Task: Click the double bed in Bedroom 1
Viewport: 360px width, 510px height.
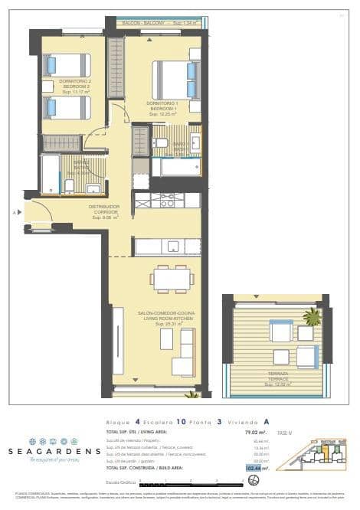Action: click(x=176, y=80)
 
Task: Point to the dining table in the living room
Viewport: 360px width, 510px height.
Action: click(x=172, y=278)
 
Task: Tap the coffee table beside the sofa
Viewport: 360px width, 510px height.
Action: click(x=166, y=338)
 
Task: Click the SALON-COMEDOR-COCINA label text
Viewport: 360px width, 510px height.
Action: click(x=159, y=314)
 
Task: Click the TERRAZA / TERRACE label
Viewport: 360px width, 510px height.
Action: click(x=278, y=376)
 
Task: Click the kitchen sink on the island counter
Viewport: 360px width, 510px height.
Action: click(x=173, y=247)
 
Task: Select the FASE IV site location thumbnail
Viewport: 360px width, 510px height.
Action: click(x=311, y=456)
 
